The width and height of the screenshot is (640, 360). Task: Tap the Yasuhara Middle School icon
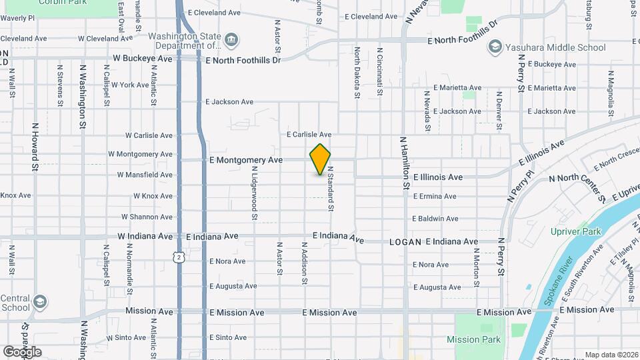[495, 47]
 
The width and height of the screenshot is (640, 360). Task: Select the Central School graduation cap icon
[40, 301]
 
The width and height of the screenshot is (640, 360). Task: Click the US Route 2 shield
[179, 257]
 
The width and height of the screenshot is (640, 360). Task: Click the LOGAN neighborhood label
[405, 242]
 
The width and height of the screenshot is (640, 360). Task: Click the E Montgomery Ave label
[246, 161]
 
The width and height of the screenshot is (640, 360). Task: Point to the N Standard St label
[329, 189]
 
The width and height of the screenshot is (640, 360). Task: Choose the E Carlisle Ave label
[309, 135]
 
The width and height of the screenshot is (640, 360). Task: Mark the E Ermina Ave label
[434, 197]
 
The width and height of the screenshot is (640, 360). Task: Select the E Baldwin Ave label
[435, 219]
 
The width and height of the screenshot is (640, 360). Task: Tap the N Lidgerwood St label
[254, 193]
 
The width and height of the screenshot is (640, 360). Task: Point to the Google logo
[23, 351]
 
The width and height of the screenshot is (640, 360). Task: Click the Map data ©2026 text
[611, 355]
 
